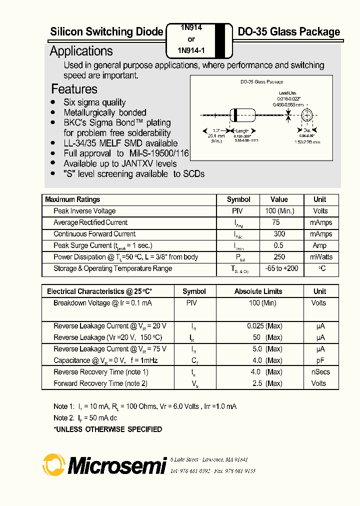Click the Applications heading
coord(81,51)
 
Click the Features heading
coord(74,89)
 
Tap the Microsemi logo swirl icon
coord(53,464)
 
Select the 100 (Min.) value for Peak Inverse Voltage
coord(279,211)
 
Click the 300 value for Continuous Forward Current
coord(279,234)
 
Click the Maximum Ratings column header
coord(73,199)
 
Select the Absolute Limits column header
coord(258,291)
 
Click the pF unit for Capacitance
coord(320,360)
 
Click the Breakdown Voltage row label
coord(102,303)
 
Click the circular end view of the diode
coord(307,115)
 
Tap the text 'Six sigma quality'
coord(94,102)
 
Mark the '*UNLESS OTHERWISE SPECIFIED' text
coord(107,429)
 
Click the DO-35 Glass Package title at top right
coord(288,32)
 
